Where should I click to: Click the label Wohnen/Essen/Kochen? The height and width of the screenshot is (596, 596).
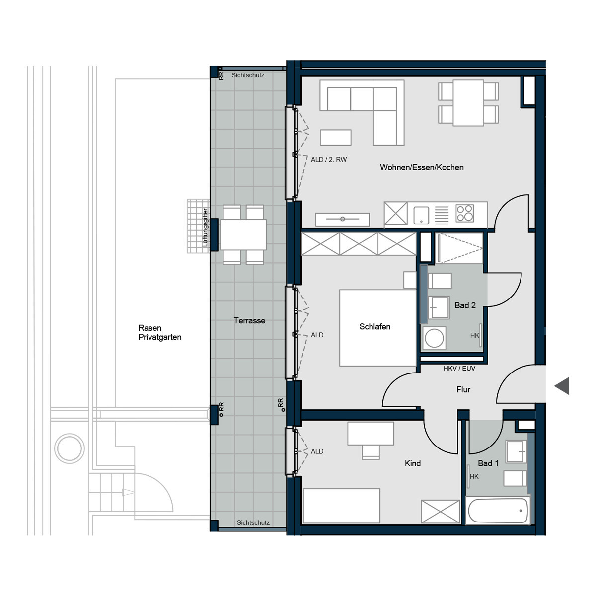(x=422, y=168)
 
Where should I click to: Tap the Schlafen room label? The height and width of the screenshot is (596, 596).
(x=375, y=327)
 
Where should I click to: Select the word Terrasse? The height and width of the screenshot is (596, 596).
(x=249, y=321)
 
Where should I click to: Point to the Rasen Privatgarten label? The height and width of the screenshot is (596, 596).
(x=159, y=333)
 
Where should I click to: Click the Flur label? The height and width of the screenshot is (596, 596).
(x=463, y=390)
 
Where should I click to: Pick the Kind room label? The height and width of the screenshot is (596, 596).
(x=413, y=463)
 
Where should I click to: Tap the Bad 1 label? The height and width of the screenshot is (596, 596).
(x=488, y=463)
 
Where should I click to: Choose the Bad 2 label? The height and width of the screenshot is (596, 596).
(x=465, y=305)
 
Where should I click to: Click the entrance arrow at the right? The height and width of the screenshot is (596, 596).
(x=562, y=386)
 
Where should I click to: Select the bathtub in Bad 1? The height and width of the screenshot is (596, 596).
(x=498, y=511)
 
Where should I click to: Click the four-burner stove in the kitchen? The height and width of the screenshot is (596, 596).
(x=465, y=214)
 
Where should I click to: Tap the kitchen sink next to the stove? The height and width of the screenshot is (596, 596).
(x=421, y=215)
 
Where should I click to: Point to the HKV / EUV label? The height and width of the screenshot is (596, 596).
(x=459, y=369)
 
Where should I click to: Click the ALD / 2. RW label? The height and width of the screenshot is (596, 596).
(x=329, y=160)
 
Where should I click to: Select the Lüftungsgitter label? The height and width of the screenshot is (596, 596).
(x=205, y=228)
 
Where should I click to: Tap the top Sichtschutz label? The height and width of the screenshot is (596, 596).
(x=248, y=75)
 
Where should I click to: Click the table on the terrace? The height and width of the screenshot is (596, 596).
(x=243, y=234)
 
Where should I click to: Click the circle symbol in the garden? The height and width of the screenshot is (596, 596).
(x=70, y=448)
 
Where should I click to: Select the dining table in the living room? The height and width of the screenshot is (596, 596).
(x=468, y=103)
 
